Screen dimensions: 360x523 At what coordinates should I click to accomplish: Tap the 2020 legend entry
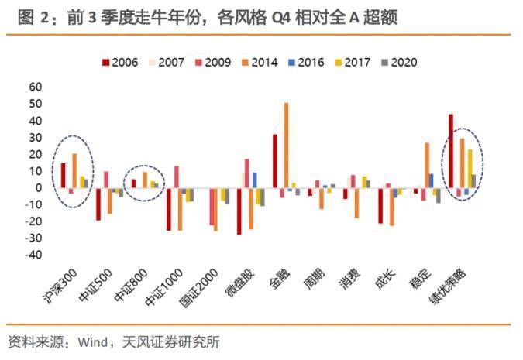pos(408,62)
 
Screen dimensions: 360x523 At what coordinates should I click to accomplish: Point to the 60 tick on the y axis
pos(35,87)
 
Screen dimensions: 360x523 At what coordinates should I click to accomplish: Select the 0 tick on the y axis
pos(38,187)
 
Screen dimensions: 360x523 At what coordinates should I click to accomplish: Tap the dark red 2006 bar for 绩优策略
pos(451,150)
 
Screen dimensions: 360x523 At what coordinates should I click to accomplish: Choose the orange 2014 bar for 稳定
pos(426,165)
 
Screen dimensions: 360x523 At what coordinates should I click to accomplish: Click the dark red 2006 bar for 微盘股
pos(239,211)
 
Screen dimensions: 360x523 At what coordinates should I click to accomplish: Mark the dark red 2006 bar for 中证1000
pos(169,208)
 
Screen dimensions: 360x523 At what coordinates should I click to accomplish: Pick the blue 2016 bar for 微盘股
pos(255,180)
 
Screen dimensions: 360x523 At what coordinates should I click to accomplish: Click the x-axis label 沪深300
pos(62,289)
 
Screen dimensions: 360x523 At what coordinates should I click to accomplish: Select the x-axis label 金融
pos(280,280)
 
